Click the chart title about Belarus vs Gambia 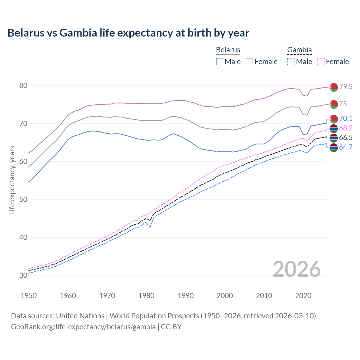(x=128, y=33)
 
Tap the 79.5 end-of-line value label (x=346, y=87)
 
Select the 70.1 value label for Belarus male (x=346, y=118)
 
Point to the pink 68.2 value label (x=346, y=128)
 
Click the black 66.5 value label (x=346, y=138)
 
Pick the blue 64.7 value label (x=346, y=147)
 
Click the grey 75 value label (x=343, y=104)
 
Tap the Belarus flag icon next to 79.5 (x=334, y=87)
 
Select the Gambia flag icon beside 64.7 (x=334, y=148)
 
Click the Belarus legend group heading (x=228, y=50)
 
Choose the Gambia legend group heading (x=299, y=50)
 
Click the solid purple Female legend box (x=249, y=62)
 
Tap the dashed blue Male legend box (x=291, y=62)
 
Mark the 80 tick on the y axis (x=23, y=85)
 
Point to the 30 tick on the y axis (x=23, y=275)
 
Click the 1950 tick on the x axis (x=29, y=296)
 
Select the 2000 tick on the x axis (x=225, y=296)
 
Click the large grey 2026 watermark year (x=296, y=269)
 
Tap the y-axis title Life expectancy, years (x=12, y=180)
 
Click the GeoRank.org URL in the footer (x=83, y=327)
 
